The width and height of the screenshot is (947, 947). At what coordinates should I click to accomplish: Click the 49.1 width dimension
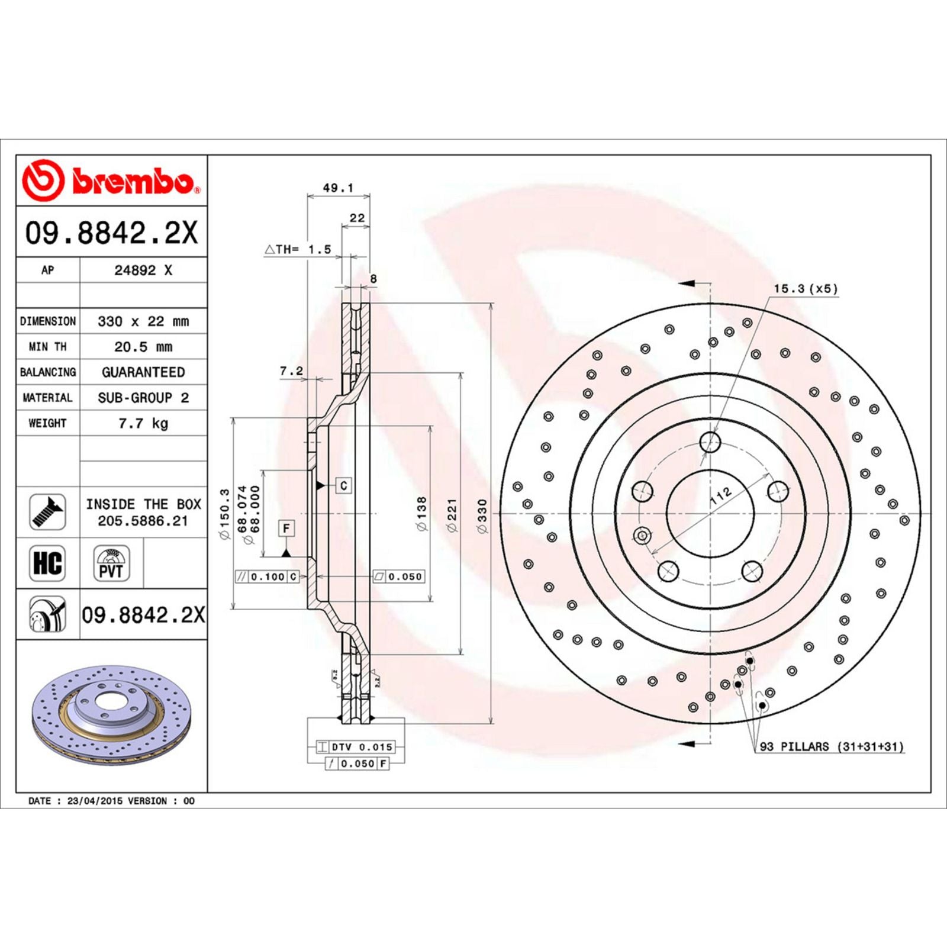point(338,188)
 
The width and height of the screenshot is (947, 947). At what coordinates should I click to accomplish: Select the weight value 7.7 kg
point(143,423)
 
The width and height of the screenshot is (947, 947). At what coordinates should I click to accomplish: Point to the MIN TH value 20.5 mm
point(143,347)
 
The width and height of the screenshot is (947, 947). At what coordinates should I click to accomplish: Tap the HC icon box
point(47,563)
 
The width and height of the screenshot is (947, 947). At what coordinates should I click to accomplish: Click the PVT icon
point(111,563)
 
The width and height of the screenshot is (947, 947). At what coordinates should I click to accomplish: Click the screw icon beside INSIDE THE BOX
point(47,512)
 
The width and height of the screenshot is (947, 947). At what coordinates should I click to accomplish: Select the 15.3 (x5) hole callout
point(806,289)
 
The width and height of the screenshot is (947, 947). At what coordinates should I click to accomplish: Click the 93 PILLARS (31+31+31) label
point(831,747)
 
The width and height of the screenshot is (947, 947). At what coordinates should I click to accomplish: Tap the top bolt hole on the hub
point(710,442)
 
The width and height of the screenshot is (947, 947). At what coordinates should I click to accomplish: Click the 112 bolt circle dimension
point(721,495)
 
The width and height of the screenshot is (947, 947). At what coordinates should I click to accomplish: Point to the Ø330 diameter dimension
point(482,516)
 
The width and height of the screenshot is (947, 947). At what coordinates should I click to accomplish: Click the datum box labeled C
point(344,485)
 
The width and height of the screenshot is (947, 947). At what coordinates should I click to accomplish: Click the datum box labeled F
point(286,528)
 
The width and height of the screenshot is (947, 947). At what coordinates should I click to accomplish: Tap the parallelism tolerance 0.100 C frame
point(268,576)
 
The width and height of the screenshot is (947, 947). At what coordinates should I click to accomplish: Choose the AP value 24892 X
point(143,270)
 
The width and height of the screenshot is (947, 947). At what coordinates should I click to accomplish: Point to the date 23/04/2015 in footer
point(95,801)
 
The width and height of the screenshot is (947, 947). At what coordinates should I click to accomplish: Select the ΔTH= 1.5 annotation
point(298,250)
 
